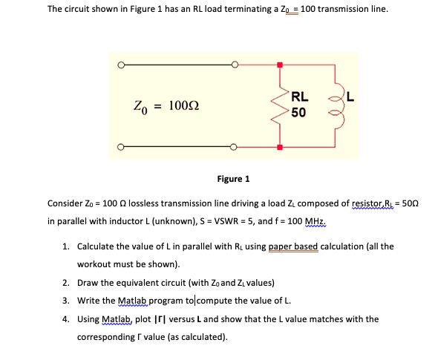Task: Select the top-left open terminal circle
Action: [119, 65]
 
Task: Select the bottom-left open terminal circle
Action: [119, 147]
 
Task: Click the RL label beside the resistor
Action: [300, 96]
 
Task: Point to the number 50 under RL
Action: [298, 112]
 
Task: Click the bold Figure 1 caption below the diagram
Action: [233, 179]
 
